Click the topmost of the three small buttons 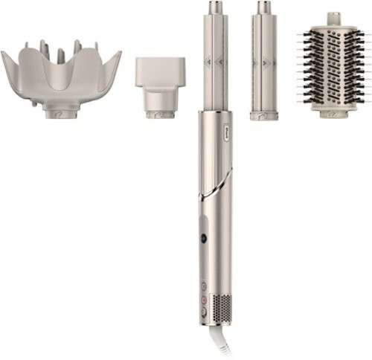click(x=203, y=284)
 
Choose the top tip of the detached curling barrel click(x=264, y=7)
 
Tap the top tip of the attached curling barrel click(x=215, y=7)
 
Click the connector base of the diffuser click(x=60, y=112)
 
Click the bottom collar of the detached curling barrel click(x=264, y=115)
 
